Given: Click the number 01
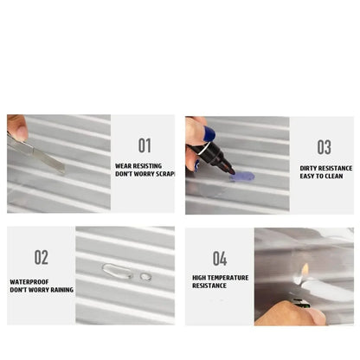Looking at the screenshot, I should click(145, 145).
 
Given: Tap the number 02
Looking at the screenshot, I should click(42, 257).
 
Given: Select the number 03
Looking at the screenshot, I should click(324, 147).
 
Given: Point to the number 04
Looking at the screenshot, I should click(220, 258).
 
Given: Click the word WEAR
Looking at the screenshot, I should click(124, 165).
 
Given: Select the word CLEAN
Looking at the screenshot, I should click(333, 176).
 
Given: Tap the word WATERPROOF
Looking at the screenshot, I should click(28, 280).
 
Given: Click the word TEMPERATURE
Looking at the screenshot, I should click(228, 277).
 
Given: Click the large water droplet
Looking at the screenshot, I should click(117, 271).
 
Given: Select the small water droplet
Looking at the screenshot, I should click(145, 277).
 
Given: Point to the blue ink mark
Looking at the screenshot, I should click(243, 176).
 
